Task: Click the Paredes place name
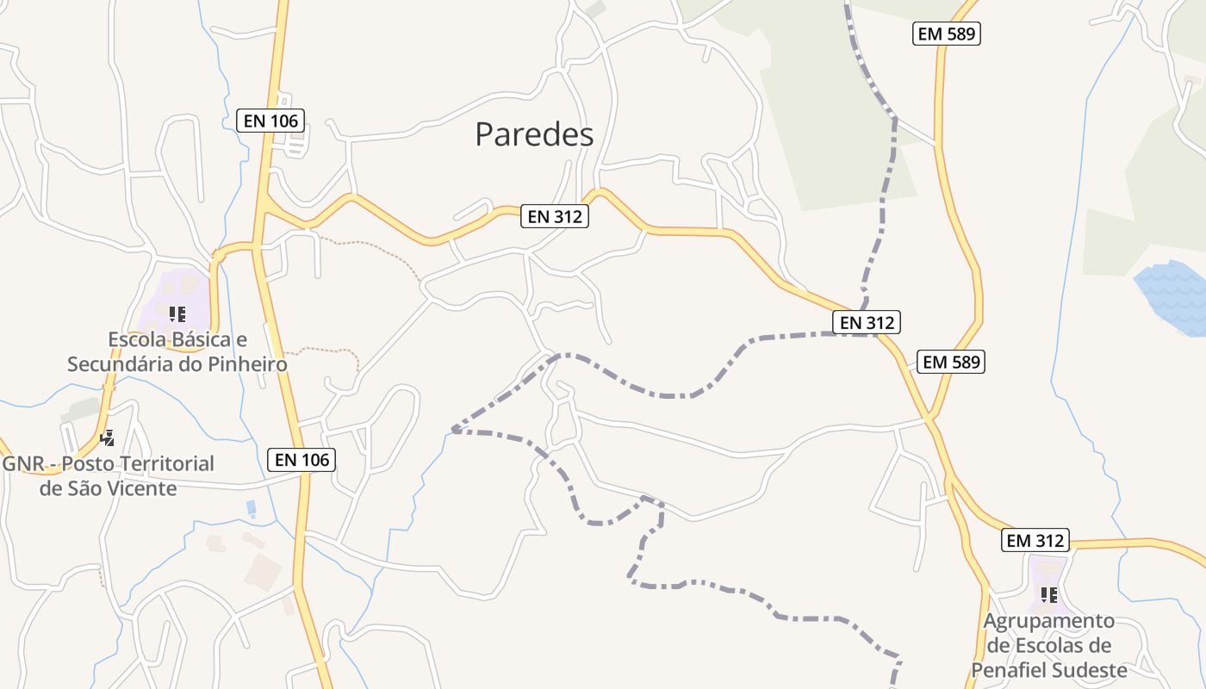click(534, 134)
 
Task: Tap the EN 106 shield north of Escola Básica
click(271, 121)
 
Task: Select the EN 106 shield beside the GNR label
click(301, 460)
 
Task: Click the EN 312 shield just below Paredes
click(555, 216)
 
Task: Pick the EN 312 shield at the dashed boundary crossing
click(867, 323)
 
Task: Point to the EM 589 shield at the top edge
click(947, 34)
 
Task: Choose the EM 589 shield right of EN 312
click(951, 362)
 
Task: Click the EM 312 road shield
click(1035, 541)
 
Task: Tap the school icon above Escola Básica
click(177, 314)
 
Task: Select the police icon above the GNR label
click(108, 438)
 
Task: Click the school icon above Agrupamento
click(1048, 594)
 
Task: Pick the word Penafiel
click(1011, 670)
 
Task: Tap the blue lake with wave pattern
click(1173, 297)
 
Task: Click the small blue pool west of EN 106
click(251, 508)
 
